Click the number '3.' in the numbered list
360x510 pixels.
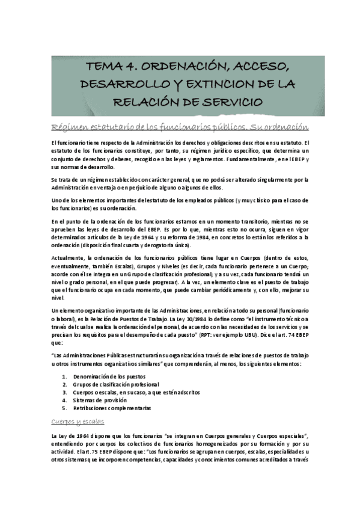(64, 392)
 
